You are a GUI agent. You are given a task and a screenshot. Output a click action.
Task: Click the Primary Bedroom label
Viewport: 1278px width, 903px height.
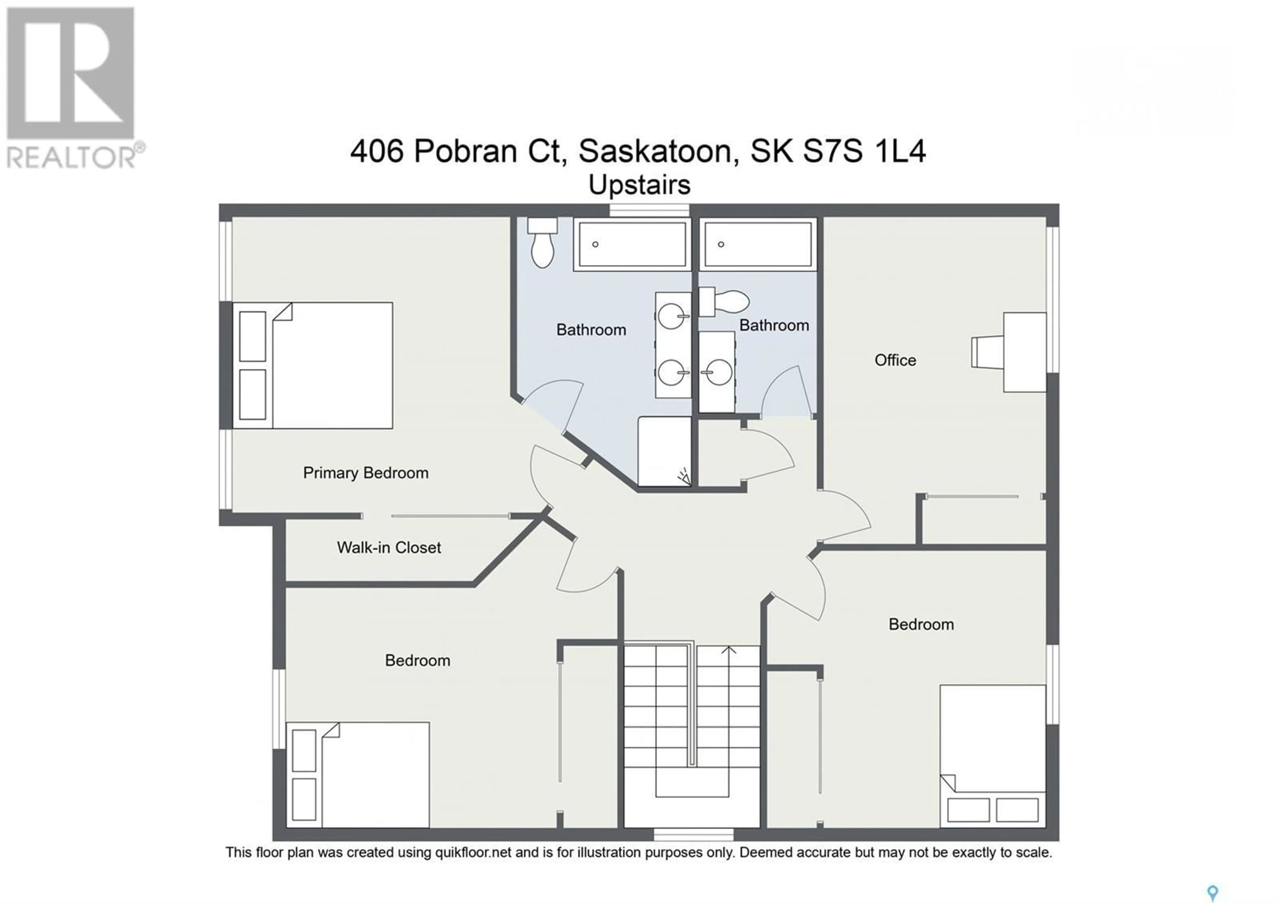366,473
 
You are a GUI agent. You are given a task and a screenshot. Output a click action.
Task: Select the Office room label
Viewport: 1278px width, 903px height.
895,360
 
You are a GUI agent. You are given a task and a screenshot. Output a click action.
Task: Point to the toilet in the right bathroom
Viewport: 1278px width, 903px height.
724,301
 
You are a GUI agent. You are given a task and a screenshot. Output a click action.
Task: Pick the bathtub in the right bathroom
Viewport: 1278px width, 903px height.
758,244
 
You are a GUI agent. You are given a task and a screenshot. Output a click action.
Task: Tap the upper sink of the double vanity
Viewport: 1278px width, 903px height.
672,317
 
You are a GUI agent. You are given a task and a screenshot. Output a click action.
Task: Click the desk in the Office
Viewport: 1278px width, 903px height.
1025,352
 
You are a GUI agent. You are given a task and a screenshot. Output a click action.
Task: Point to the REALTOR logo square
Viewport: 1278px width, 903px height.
70,73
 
